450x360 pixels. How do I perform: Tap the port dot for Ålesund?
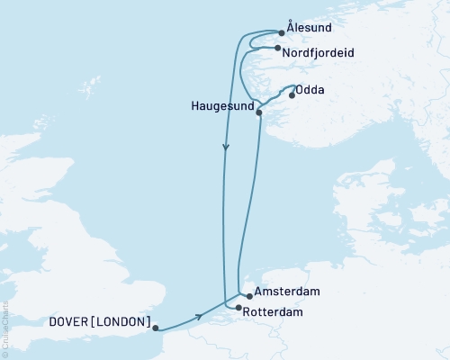coord(282,33)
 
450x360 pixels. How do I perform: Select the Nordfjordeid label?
coord(318,53)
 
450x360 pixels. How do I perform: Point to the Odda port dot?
coord(291,97)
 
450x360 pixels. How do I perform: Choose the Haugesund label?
coord(222,105)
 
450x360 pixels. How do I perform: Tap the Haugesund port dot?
coord(259,112)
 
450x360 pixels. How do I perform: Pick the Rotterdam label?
coord(274,311)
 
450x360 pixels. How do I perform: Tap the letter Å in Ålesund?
coord(289,29)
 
